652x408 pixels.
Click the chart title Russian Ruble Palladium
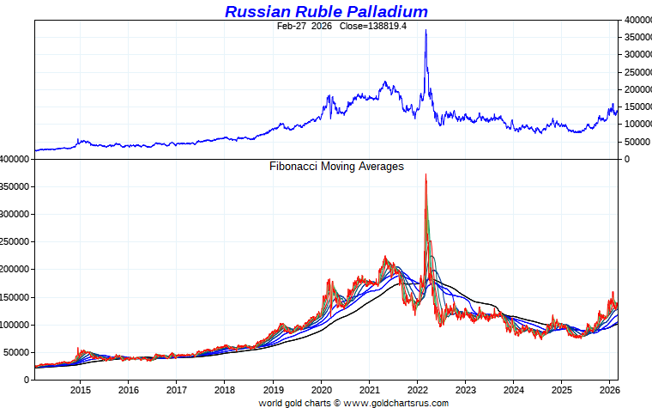pos(326,11)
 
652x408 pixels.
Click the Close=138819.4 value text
pos(346,27)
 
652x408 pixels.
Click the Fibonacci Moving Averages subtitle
pos(336,167)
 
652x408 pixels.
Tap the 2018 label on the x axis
pos(224,388)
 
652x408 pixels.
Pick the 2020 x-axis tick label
pos(321,388)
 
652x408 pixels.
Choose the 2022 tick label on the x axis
pos(417,388)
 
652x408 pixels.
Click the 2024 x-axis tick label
pos(513,388)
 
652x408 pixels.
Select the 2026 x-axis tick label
pos(609,388)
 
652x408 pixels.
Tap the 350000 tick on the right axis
pos(636,37)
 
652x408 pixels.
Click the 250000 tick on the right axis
pos(636,72)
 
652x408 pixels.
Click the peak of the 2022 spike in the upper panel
pos(426,31)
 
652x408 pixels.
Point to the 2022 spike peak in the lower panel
pos(426,174)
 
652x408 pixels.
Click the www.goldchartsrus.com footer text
pos(395,402)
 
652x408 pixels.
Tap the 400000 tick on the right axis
pos(636,20)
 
